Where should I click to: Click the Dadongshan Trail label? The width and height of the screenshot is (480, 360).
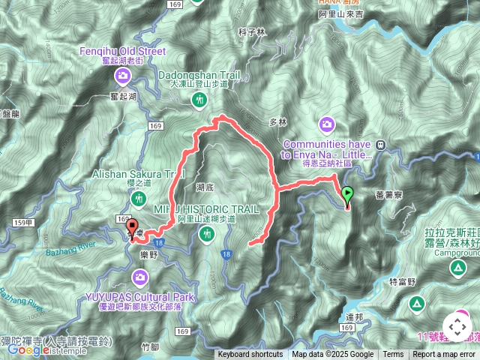click(197, 75)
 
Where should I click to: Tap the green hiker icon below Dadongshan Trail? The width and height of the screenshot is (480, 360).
click(199, 99)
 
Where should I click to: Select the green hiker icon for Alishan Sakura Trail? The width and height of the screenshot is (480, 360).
click(138, 199)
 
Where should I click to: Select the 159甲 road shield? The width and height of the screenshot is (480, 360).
click(22, 222)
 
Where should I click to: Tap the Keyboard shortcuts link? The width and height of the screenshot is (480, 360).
click(250, 355)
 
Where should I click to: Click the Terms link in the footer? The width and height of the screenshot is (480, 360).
click(393, 355)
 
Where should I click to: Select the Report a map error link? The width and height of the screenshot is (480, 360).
click(444, 355)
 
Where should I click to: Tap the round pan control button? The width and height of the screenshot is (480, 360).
click(457, 326)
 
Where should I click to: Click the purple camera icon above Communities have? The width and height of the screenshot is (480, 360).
click(327, 123)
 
